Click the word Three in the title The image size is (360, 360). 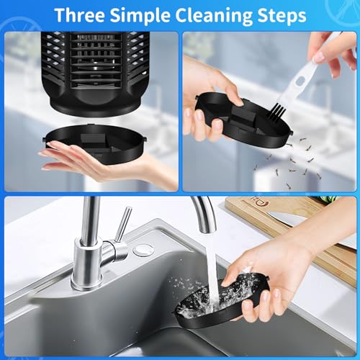pyautogui.click(x=80, y=15)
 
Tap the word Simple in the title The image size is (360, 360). pyautogui.click(x=140, y=16)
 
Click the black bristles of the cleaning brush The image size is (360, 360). pyautogui.click(x=276, y=111)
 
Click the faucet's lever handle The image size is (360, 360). pyautogui.click(x=123, y=224)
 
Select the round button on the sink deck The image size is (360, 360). pyautogui.click(x=143, y=250)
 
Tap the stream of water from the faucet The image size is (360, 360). pyautogui.click(x=212, y=271)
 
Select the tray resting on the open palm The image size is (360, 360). pyautogui.click(x=95, y=142)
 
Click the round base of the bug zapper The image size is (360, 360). pyautogui.click(x=95, y=106)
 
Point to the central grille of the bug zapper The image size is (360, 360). pyautogui.click(x=95, y=60)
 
